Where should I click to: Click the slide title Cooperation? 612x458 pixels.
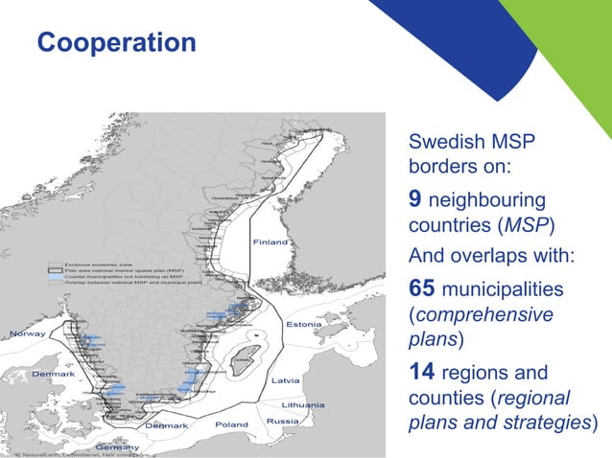116,43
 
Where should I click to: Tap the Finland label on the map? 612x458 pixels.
271,242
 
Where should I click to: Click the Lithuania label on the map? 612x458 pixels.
302,404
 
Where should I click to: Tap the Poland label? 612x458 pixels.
231,424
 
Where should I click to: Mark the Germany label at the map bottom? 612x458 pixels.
117,447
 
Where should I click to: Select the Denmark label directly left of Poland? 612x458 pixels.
165,424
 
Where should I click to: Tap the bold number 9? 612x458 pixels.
415,200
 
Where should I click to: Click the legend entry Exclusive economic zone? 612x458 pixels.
103,263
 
